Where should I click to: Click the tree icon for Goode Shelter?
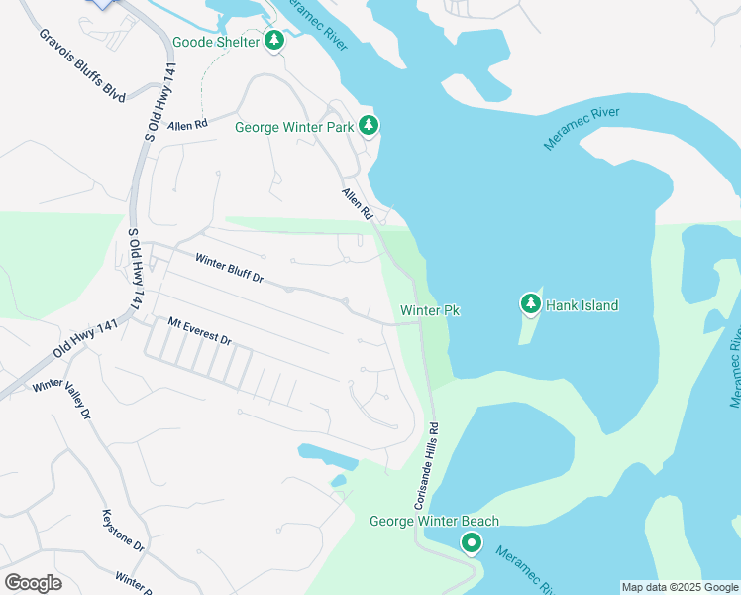(x=274, y=42)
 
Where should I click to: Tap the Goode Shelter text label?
(x=216, y=43)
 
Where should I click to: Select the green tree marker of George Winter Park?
(x=369, y=125)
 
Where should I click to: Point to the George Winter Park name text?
(x=294, y=127)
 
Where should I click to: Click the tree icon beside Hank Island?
(x=531, y=304)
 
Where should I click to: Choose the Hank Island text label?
(x=584, y=305)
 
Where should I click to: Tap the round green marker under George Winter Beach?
(x=472, y=542)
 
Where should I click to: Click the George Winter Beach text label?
(x=434, y=522)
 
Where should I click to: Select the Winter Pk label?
(x=430, y=311)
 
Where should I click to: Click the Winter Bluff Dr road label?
(x=229, y=269)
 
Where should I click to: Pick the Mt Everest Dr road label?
(x=199, y=332)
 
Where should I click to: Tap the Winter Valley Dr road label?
(x=61, y=398)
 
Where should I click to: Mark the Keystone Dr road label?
(x=124, y=531)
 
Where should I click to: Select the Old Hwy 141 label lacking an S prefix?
(x=87, y=340)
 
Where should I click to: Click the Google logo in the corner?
(x=33, y=582)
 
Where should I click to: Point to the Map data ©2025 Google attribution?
(x=680, y=587)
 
